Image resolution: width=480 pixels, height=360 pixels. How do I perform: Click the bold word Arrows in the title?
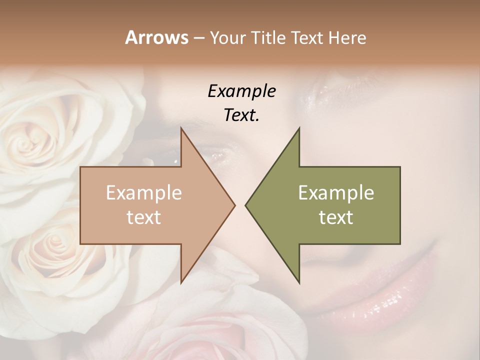(156, 37)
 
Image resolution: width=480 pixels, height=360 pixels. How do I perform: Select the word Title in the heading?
(268, 38)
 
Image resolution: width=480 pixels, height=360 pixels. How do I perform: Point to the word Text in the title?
(307, 38)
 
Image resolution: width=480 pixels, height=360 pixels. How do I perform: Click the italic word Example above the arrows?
(241, 91)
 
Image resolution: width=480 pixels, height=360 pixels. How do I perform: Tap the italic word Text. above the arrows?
(241, 115)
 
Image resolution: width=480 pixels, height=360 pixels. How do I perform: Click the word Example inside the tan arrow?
(143, 193)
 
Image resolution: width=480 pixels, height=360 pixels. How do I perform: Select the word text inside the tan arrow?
(143, 217)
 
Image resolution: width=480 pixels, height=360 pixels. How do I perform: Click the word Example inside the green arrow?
(336, 193)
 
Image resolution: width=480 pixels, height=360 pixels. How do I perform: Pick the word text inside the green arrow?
(336, 217)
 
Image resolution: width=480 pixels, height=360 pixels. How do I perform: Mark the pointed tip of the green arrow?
(246, 205)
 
